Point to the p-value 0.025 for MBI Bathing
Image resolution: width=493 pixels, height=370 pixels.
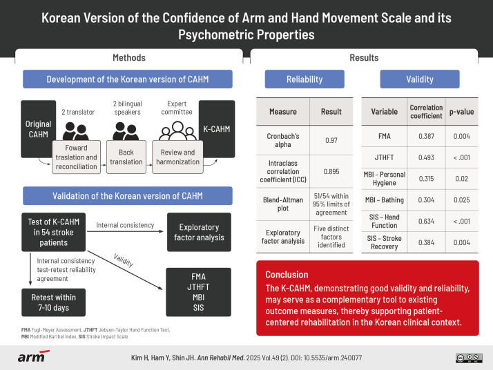(461, 200)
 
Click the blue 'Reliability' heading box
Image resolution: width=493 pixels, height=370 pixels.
(304, 79)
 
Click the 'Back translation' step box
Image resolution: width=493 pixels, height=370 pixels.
(125, 156)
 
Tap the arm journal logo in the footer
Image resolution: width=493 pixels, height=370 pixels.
(32, 356)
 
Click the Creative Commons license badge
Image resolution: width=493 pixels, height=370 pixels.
(470, 357)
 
